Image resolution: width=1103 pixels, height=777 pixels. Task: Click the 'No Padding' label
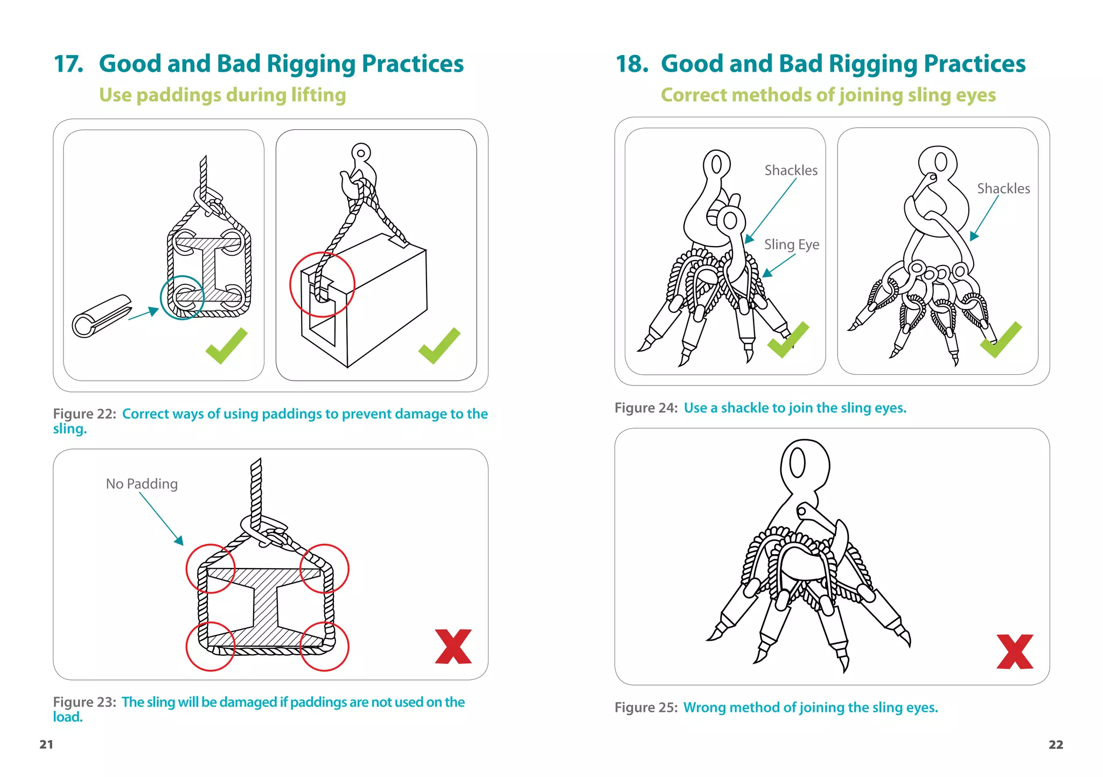click(x=142, y=484)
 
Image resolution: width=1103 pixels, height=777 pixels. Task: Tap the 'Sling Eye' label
click(x=791, y=244)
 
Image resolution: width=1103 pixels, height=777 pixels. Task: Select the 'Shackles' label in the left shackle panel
click(x=791, y=170)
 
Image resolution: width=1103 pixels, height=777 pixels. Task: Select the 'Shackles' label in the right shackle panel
click(x=1003, y=188)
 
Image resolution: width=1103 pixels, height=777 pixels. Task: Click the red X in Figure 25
click(x=1015, y=652)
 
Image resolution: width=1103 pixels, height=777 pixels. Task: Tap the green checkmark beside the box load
click(x=439, y=346)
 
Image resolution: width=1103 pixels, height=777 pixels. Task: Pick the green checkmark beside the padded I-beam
click(x=226, y=346)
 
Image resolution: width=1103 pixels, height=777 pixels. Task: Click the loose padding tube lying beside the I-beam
click(x=101, y=316)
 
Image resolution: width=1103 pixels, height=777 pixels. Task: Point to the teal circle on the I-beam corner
click(x=182, y=297)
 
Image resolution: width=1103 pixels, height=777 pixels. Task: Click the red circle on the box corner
click(x=322, y=284)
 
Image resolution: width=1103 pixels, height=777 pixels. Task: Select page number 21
click(x=46, y=744)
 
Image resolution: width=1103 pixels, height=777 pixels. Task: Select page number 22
click(x=1056, y=744)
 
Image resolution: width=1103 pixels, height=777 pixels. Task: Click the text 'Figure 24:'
click(x=646, y=408)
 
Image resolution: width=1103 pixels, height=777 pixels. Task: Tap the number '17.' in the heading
click(x=68, y=64)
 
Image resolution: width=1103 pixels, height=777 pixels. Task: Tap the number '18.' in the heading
click(x=631, y=64)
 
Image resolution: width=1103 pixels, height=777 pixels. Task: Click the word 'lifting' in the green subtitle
click(x=318, y=95)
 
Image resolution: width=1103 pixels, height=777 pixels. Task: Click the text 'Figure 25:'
click(x=646, y=707)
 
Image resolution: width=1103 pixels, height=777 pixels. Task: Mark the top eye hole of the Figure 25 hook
click(x=797, y=463)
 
